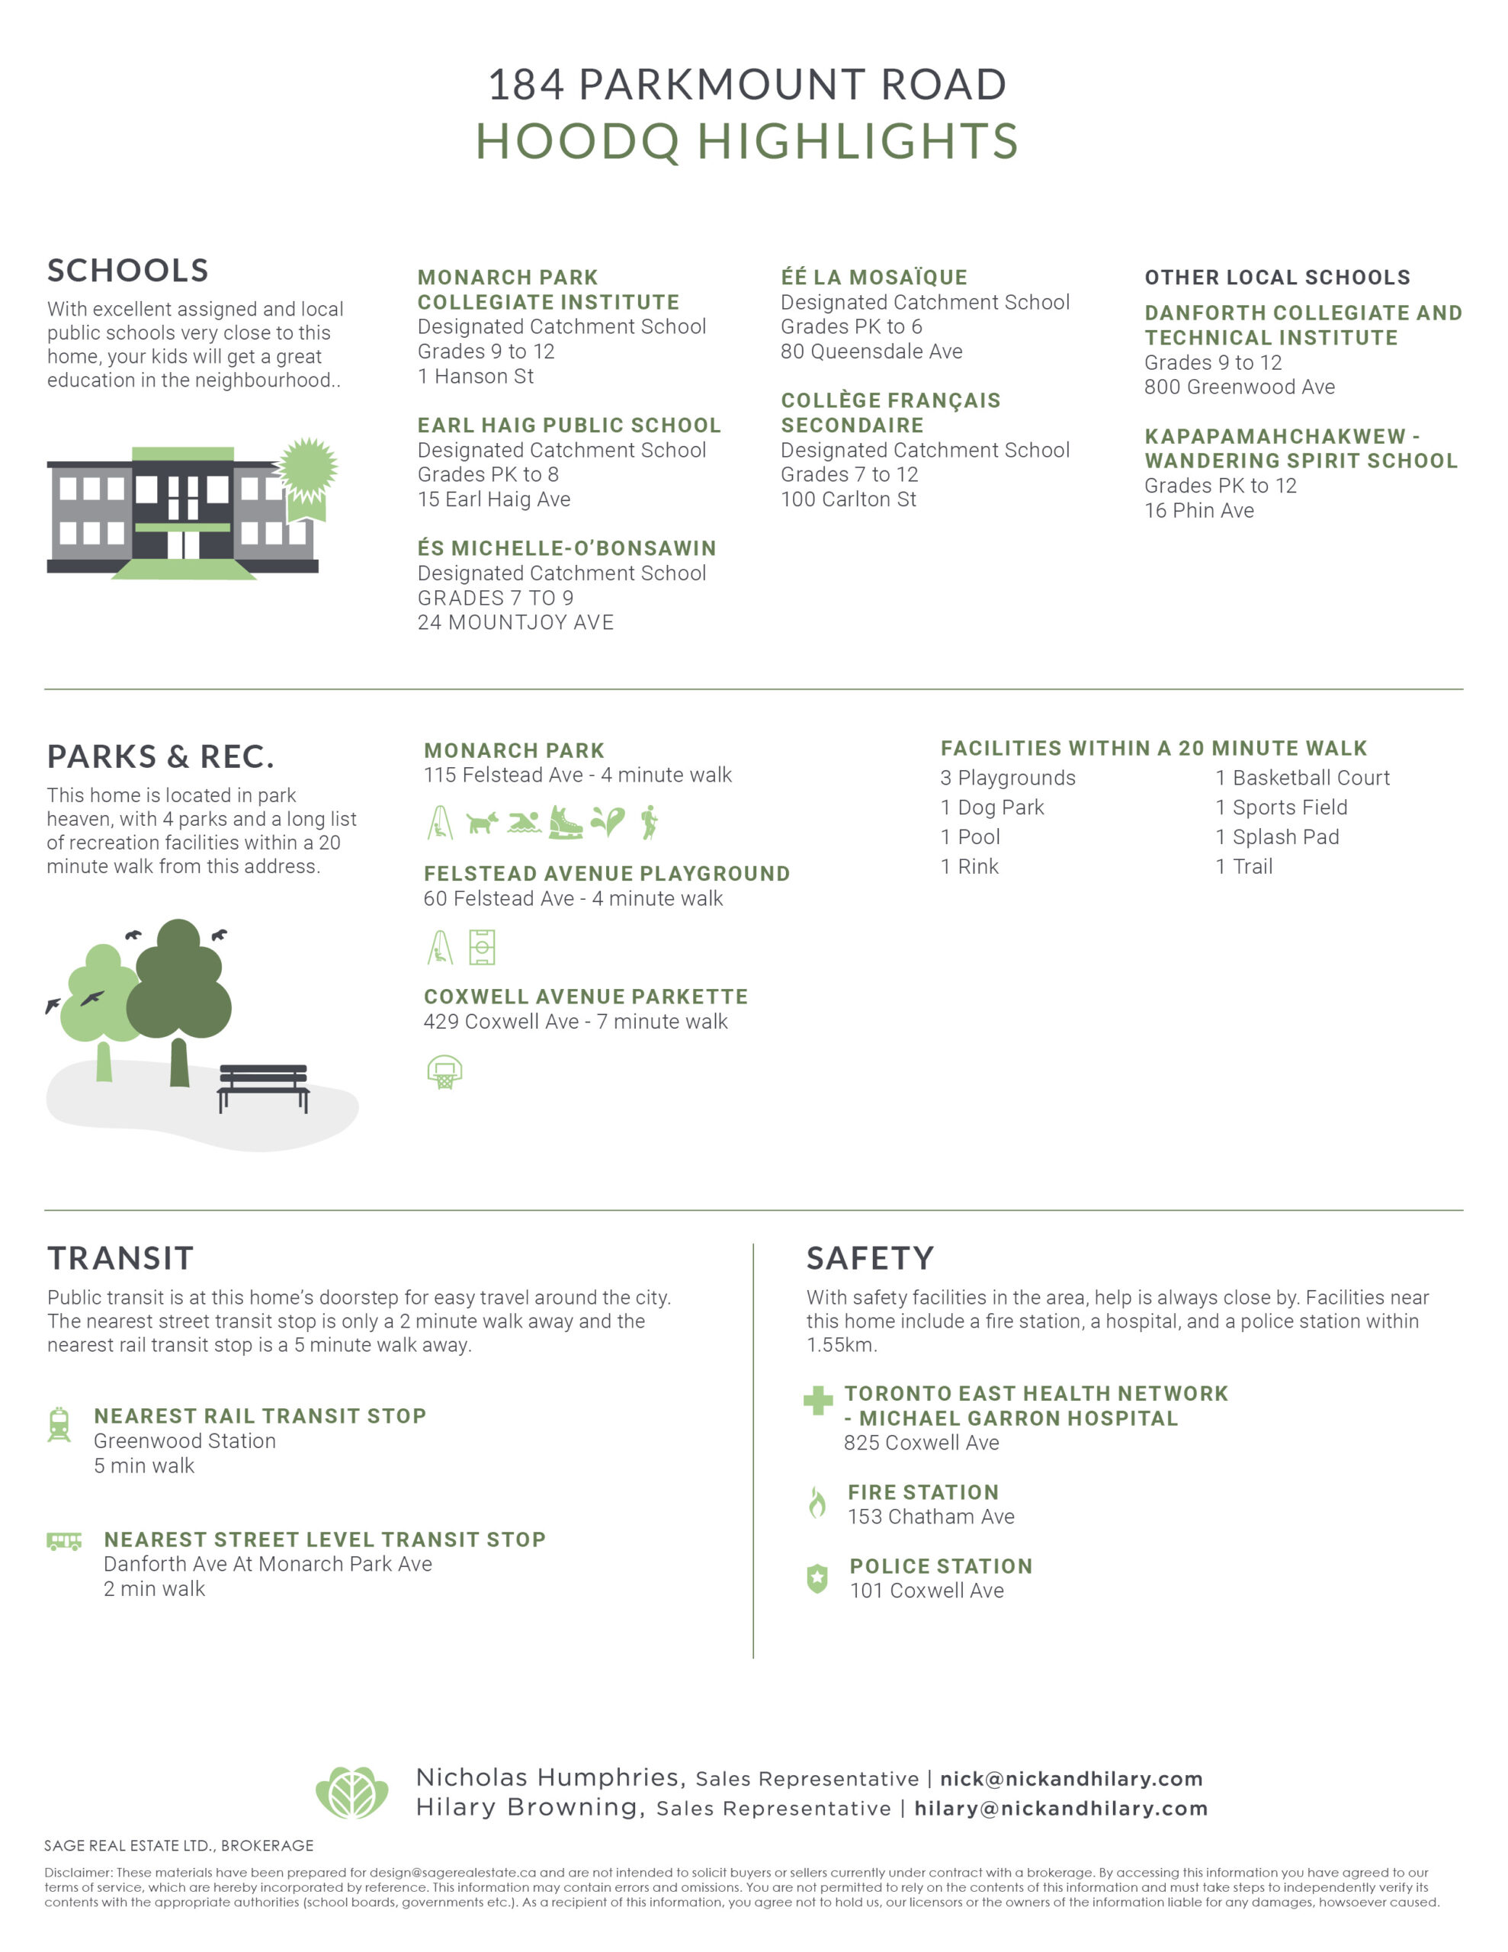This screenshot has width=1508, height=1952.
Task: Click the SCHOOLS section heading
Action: (x=128, y=270)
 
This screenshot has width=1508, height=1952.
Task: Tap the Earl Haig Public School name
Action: (x=569, y=425)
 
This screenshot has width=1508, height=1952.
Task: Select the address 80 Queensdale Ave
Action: (x=871, y=352)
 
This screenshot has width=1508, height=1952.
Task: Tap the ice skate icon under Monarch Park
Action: (x=564, y=822)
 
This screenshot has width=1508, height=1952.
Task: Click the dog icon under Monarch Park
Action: (x=482, y=822)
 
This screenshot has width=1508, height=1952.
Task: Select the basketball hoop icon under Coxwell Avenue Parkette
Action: (x=444, y=1071)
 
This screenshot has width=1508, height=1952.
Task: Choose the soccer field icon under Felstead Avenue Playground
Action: (x=482, y=947)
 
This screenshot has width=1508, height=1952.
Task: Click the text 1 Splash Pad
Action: (x=1276, y=836)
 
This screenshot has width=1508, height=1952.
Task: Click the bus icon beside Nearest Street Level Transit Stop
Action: (x=63, y=1541)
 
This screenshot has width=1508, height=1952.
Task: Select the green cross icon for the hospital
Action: (x=817, y=1401)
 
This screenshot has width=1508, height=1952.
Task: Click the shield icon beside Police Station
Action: (x=817, y=1578)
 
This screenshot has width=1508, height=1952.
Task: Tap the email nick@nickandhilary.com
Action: (x=1071, y=1779)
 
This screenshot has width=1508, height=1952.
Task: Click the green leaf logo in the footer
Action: (x=352, y=1792)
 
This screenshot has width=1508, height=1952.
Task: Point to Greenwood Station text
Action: (x=185, y=1441)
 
